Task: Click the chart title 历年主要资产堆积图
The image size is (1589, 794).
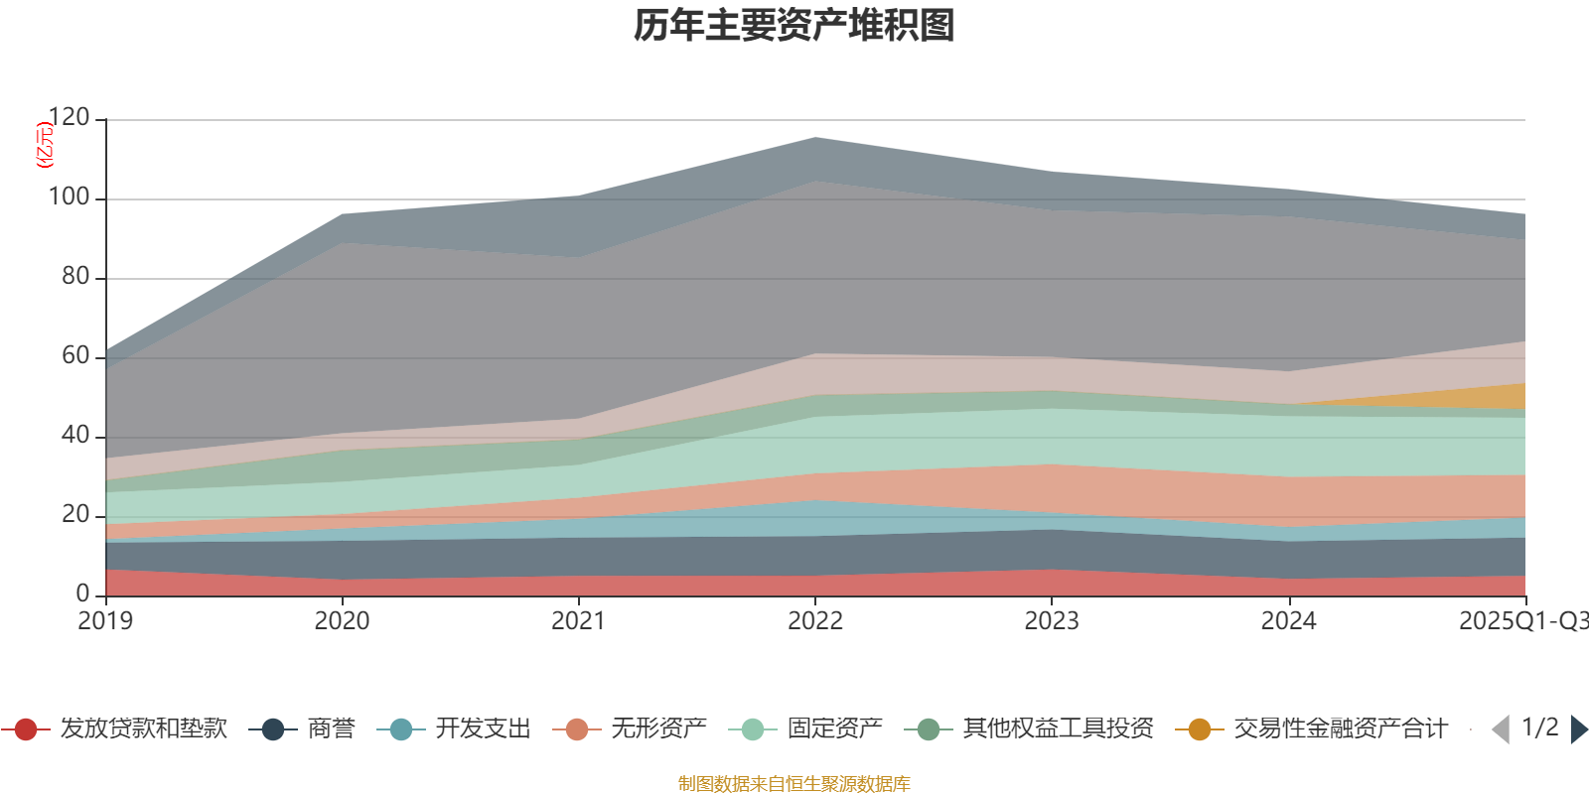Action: (794, 26)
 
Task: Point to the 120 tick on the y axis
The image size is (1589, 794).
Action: (69, 118)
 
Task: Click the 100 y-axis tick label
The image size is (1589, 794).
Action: (69, 198)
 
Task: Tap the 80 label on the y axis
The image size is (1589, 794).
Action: (74, 277)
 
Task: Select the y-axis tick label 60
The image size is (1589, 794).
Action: (74, 356)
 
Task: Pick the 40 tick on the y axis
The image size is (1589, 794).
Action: (74, 436)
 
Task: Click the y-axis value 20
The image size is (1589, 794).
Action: (74, 515)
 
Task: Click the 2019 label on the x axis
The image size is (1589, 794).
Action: (105, 621)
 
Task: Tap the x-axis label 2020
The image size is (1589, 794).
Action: (342, 621)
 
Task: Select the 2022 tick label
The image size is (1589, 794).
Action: (814, 621)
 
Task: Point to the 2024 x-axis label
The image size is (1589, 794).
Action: (1288, 621)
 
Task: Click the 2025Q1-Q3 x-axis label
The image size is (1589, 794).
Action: (1521, 621)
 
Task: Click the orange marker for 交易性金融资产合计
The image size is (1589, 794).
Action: (1199, 729)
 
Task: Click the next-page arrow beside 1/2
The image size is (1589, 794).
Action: (1579, 729)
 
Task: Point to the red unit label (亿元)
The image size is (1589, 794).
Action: (44, 145)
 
